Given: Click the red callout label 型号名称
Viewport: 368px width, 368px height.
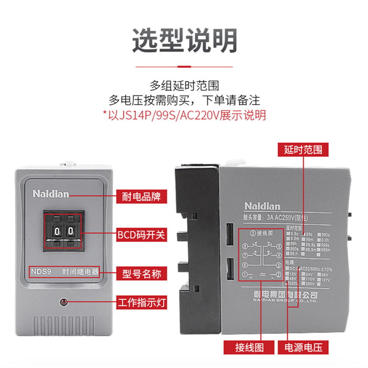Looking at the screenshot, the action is pos(142,274).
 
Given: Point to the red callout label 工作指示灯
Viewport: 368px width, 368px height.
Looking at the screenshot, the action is pos(142,304).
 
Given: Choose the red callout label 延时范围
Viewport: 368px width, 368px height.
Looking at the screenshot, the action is pos(303,150).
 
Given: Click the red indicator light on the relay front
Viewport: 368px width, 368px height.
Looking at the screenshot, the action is pos(63,302).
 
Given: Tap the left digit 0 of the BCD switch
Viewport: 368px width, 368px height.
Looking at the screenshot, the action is pos(57,230).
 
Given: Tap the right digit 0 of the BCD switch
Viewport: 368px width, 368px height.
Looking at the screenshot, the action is pos(70,230).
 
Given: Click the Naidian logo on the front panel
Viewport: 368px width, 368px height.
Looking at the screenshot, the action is pos(51,194).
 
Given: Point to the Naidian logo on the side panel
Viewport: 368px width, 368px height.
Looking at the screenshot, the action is pos(261,206).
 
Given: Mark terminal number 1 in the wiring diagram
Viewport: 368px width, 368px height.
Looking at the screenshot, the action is pos(245,275).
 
